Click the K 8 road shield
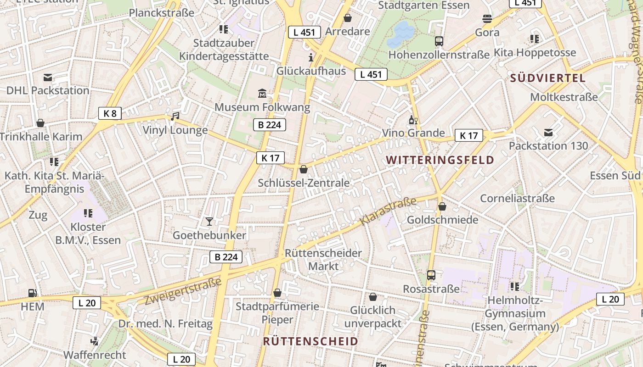pyautogui.click(x=110, y=113)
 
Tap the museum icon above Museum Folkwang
pyautogui.click(x=262, y=94)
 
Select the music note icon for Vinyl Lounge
pyautogui.click(x=175, y=117)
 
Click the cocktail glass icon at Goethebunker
pyautogui.click(x=209, y=222)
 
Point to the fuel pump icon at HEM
pyautogui.click(x=32, y=293)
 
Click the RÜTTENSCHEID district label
pyautogui.click(x=310, y=341)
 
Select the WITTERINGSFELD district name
pyautogui.click(x=440, y=160)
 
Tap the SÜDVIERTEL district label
pyautogui.click(x=548, y=78)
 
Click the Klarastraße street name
pyautogui.click(x=388, y=211)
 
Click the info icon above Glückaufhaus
pyautogui.click(x=311, y=57)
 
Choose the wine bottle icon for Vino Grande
pyautogui.click(x=413, y=120)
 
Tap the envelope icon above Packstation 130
pyautogui.click(x=548, y=133)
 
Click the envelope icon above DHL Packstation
pyautogui.click(x=48, y=77)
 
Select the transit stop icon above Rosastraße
pyautogui.click(x=431, y=275)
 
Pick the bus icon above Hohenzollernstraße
pyautogui.click(x=439, y=41)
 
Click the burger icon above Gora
pyautogui.click(x=487, y=19)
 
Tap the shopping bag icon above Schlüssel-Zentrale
pyautogui.click(x=303, y=170)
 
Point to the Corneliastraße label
pyautogui.click(x=517, y=198)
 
